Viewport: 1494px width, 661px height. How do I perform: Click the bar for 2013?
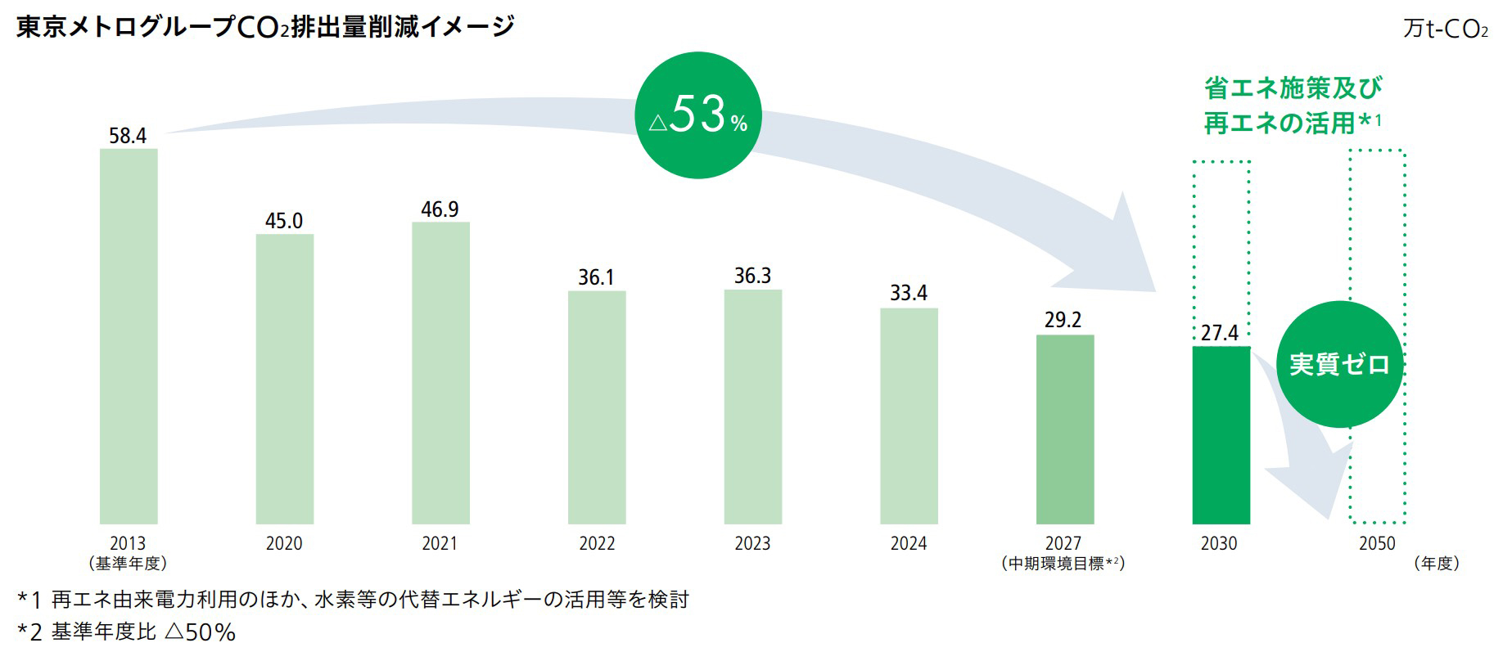click(x=129, y=335)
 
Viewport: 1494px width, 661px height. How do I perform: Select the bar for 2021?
click(x=440, y=372)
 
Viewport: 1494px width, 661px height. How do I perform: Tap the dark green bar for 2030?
click(x=1221, y=434)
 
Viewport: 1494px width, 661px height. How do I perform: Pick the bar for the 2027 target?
click(x=1064, y=429)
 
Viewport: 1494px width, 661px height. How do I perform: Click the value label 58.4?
click(x=128, y=136)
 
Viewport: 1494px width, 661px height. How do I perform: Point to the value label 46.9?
click(x=440, y=209)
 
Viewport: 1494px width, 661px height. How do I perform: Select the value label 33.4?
click(x=909, y=293)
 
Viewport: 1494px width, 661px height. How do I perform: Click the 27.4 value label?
click(x=1220, y=333)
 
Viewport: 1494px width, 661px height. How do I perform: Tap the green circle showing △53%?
click(x=698, y=116)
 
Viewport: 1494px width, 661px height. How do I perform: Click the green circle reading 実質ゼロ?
click(x=1339, y=364)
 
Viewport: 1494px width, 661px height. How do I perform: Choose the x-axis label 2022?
click(x=597, y=544)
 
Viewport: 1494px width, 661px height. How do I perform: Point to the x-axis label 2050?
click(x=1377, y=544)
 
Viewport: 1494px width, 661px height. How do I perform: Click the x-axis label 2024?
click(x=909, y=544)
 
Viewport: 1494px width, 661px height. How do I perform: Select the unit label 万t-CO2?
click(x=1445, y=30)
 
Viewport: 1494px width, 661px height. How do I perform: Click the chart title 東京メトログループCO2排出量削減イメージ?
click(x=265, y=27)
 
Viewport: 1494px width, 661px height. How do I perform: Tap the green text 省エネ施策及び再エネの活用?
click(x=1292, y=105)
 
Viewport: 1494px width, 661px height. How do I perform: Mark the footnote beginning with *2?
click(x=127, y=632)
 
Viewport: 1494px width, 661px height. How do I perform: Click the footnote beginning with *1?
click(x=353, y=600)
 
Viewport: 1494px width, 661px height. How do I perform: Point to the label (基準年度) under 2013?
click(x=128, y=564)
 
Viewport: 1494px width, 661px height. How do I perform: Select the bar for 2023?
click(x=752, y=407)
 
